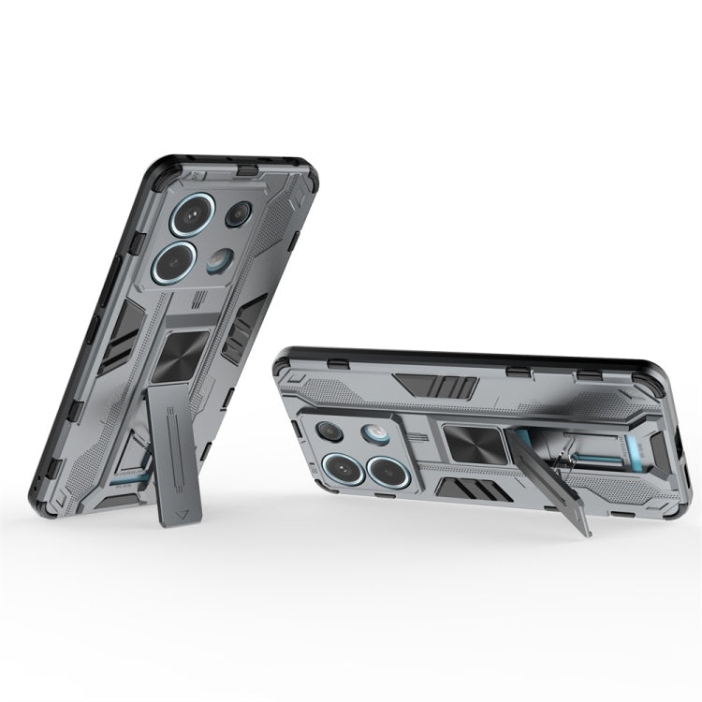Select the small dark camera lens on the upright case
[x=240, y=214]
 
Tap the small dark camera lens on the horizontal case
[x=328, y=431]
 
